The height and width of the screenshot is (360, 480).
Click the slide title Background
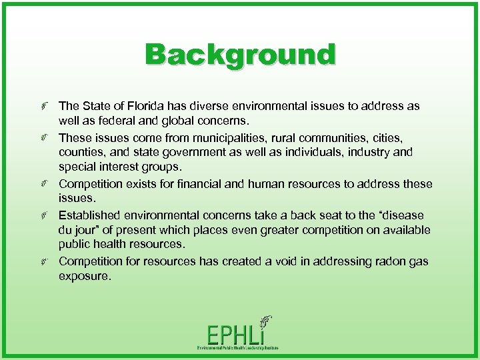(x=240, y=55)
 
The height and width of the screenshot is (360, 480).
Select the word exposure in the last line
(x=83, y=277)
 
